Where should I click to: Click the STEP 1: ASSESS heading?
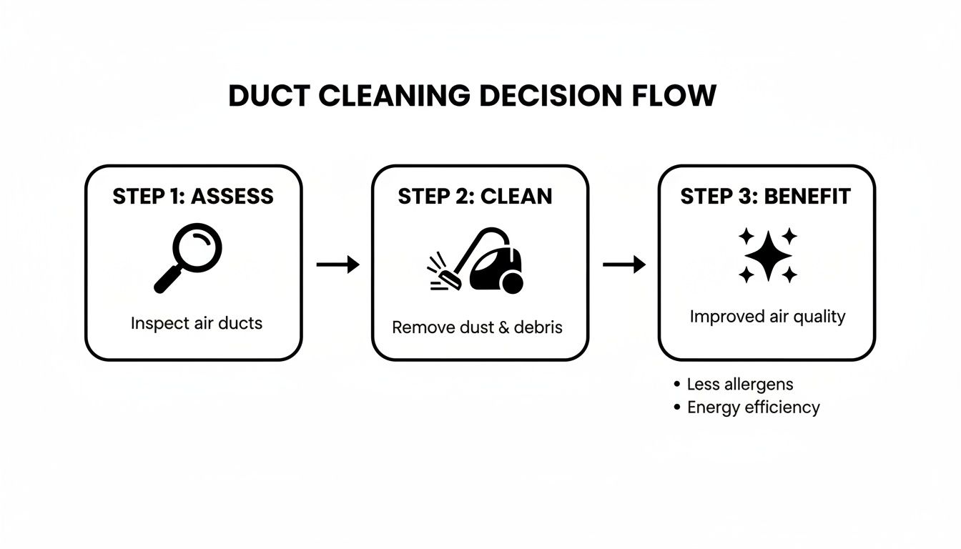pyautogui.click(x=193, y=197)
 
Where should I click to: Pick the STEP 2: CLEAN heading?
pyautogui.click(x=475, y=197)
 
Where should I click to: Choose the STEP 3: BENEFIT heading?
pyautogui.click(x=765, y=197)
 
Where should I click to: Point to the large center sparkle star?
pyautogui.click(x=769, y=255)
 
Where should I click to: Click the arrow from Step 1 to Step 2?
pyautogui.click(x=337, y=265)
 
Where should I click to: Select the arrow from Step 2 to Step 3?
pyautogui.click(x=624, y=265)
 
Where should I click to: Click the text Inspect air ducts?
pyautogui.click(x=197, y=323)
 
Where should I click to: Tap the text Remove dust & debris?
pyautogui.click(x=478, y=327)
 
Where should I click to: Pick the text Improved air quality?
pyautogui.click(x=767, y=317)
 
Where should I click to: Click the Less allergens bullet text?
pyautogui.click(x=739, y=384)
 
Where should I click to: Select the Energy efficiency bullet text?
pyautogui.click(x=753, y=407)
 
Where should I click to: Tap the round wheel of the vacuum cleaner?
pyautogui.click(x=512, y=285)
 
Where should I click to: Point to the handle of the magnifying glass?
pyautogui.click(x=167, y=281)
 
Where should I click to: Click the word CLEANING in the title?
pyautogui.click(x=392, y=96)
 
